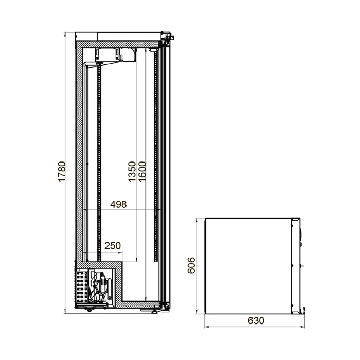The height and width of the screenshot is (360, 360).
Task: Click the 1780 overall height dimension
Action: coord(62,172)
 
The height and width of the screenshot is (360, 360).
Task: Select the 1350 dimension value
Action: coord(132,172)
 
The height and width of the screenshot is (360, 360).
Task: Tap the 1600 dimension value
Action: coord(142,172)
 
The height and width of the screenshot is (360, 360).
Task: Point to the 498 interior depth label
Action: coord(118,204)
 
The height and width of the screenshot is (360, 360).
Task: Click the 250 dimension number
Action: coord(113,246)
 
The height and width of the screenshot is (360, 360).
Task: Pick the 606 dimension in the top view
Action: coord(191,265)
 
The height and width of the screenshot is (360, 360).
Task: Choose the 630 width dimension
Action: coord(256,320)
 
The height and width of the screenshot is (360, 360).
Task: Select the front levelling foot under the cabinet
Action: coord(154,311)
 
